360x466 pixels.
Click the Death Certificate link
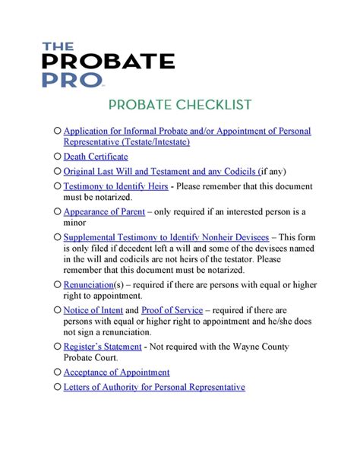tap(96, 157)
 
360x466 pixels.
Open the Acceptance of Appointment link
tap(116, 372)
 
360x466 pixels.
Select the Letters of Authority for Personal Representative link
tap(154, 387)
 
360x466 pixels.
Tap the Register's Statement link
tap(103, 347)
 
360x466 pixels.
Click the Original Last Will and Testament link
tap(159, 171)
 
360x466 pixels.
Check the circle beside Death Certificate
tap(58, 157)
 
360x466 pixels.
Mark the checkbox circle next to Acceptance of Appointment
tap(58, 372)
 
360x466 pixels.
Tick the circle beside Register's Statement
tap(58, 347)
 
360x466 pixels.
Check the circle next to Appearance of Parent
tap(58, 211)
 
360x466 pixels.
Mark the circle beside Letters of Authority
tap(58, 387)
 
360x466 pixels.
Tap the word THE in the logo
tap(58, 46)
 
